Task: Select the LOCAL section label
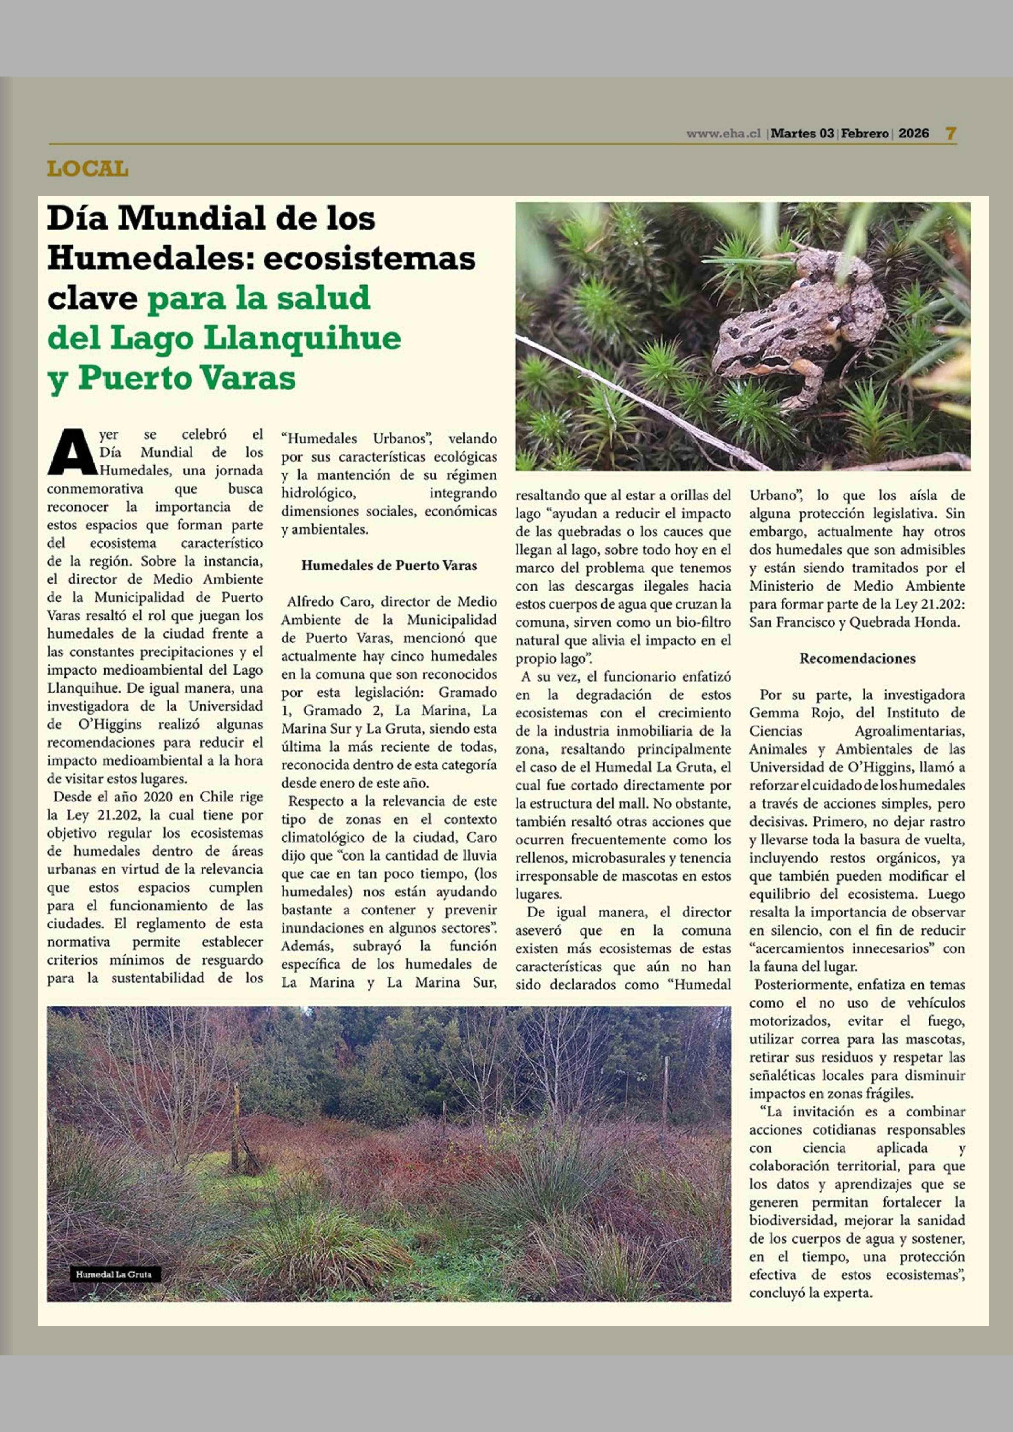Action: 88,169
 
